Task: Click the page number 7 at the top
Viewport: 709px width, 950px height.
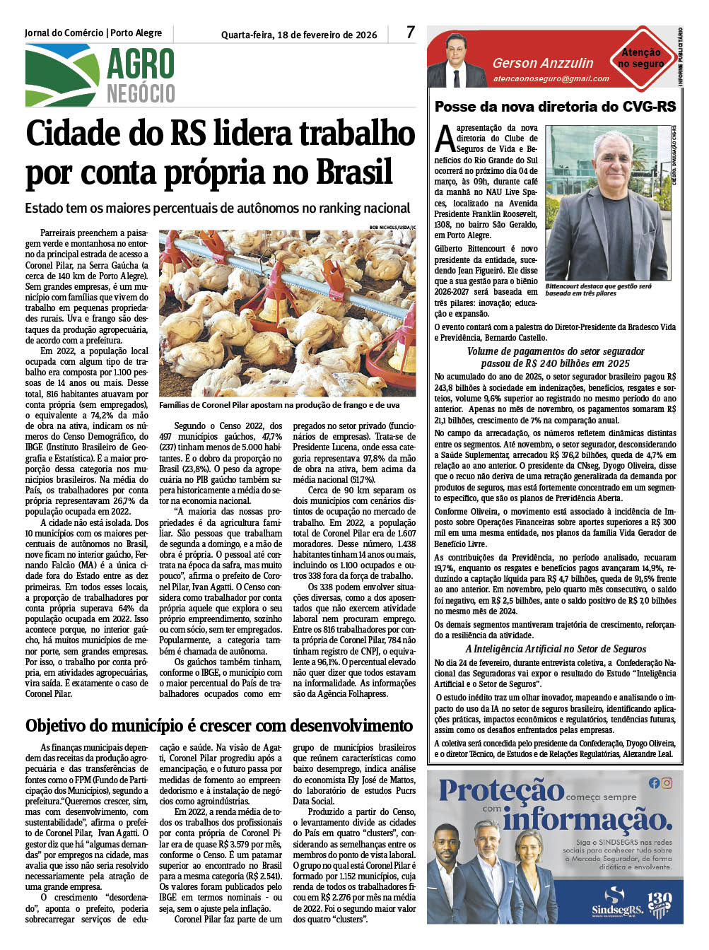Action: (411, 32)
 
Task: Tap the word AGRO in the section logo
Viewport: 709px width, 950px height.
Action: (140, 65)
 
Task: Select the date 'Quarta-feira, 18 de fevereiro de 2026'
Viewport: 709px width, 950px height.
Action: (299, 35)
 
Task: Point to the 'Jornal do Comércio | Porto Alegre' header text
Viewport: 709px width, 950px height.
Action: (93, 33)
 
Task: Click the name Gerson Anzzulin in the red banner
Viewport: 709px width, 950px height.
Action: (543, 63)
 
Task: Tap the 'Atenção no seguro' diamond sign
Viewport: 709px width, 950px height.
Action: (641, 58)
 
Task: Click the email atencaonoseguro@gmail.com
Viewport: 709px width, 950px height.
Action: (551, 78)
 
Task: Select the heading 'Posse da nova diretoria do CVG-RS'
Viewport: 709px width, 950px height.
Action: (555, 107)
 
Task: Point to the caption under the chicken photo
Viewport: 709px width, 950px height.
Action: (279, 405)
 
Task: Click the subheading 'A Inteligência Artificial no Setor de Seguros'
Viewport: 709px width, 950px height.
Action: (556, 649)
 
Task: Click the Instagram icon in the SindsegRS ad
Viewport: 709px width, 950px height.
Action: (667, 782)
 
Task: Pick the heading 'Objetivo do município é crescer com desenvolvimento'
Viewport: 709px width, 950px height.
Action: (219, 726)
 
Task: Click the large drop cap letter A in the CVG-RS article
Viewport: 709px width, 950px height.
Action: (445, 139)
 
